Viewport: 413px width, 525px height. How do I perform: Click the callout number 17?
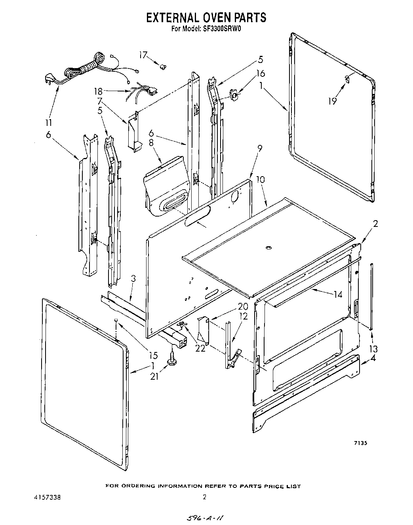143,55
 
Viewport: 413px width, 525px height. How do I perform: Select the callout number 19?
332,101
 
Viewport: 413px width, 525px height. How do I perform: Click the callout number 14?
338,294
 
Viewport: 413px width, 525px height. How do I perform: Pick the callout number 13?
373,349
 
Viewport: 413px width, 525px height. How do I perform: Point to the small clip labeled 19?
347,78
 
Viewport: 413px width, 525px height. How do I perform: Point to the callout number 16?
260,73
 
